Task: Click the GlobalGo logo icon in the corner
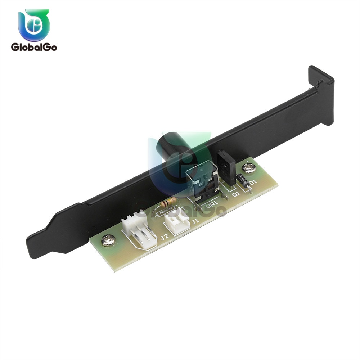pos(34,25)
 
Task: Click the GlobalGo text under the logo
pos(34,47)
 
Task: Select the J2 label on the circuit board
pos(165,237)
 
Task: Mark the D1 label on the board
pos(253,183)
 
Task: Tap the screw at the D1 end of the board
pos(248,167)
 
